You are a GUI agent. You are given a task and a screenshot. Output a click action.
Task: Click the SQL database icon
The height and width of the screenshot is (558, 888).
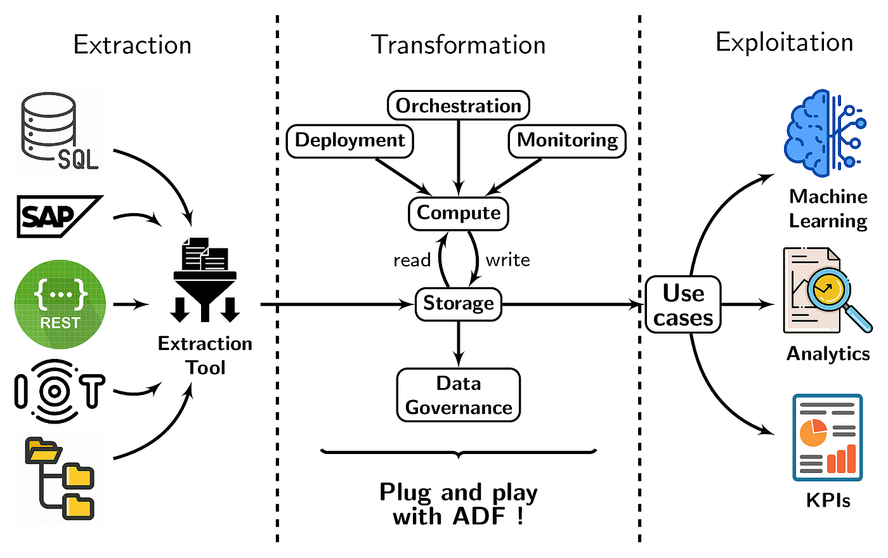(x=60, y=131)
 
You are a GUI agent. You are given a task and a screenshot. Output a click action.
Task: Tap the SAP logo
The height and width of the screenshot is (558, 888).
(x=60, y=216)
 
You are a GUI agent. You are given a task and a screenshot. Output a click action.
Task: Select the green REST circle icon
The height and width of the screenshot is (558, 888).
(x=60, y=304)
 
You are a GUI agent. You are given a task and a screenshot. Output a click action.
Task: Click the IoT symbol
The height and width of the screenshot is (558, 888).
(x=60, y=391)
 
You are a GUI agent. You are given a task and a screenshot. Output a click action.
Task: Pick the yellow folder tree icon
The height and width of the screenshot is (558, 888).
(x=60, y=478)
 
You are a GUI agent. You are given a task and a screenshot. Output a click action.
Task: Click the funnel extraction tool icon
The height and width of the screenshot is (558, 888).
(x=205, y=280)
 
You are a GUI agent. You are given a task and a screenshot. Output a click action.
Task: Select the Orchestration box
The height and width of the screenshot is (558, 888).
(x=458, y=105)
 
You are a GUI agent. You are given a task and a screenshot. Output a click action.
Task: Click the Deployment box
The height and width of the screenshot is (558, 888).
(x=349, y=141)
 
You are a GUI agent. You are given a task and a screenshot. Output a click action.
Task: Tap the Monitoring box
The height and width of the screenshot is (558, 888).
(x=567, y=141)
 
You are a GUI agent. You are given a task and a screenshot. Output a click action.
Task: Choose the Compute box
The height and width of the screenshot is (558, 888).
(x=458, y=214)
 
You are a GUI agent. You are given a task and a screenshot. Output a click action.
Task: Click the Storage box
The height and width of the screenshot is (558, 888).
(x=458, y=304)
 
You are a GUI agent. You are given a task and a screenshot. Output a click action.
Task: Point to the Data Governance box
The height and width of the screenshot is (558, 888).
(x=458, y=395)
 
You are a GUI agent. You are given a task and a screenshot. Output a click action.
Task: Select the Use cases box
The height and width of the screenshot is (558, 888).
(x=683, y=304)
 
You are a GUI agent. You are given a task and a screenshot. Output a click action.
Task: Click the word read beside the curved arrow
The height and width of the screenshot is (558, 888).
(x=412, y=261)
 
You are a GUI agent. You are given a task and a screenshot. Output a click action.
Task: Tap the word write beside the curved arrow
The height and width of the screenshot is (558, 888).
(x=508, y=261)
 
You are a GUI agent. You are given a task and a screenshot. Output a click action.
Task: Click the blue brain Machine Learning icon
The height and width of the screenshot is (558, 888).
(x=825, y=133)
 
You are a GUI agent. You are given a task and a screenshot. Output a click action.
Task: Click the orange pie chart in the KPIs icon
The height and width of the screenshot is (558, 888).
(x=813, y=432)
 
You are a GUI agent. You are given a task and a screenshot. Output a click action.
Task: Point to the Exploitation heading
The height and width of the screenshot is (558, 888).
(x=784, y=43)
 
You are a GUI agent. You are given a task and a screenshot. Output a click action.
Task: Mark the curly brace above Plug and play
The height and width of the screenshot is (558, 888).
(x=458, y=454)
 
